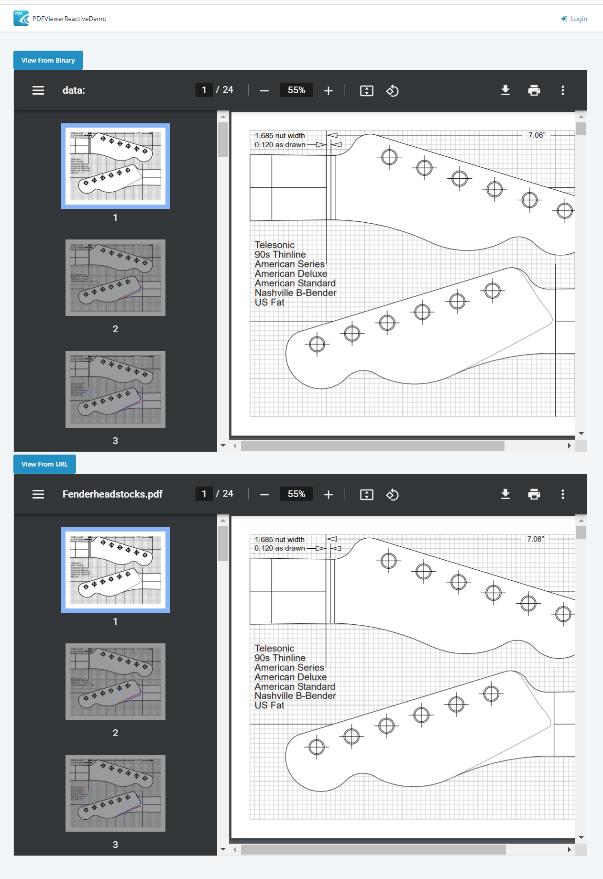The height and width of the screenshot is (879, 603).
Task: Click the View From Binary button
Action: (x=48, y=60)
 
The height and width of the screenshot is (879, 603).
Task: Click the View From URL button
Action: (x=44, y=464)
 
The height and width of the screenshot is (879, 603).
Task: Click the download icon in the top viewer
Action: (x=505, y=90)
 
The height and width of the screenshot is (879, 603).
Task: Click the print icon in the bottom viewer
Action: (x=534, y=494)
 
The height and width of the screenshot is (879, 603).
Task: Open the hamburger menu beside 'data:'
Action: (x=38, y=90)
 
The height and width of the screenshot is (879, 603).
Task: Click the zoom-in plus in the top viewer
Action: (x=328, y=91)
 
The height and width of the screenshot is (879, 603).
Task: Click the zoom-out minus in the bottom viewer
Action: (x=264, y=495)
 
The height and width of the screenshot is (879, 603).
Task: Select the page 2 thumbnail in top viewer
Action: (x=115, y=278)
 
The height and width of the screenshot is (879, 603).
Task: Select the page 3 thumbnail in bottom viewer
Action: (x=115, y=793)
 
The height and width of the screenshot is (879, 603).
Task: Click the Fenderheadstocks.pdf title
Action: (x=112, y=494)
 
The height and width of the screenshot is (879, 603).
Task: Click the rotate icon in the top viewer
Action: (x=392, y=91)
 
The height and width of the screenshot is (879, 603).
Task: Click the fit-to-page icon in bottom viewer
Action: (x=366, y=495)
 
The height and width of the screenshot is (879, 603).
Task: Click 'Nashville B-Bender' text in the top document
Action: (x=295, y=293)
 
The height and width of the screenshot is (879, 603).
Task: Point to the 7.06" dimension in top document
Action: (x=536, y=135)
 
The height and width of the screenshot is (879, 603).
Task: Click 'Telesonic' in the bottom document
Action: (x=274, y=649)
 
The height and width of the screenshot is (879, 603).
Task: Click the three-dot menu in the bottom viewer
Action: (x=562, y=494)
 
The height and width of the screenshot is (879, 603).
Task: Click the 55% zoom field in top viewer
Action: (x=296, y=90)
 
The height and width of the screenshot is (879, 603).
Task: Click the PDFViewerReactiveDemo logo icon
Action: (x=21, y=18)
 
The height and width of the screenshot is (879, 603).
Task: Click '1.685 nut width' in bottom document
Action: (x=279, y=539)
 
